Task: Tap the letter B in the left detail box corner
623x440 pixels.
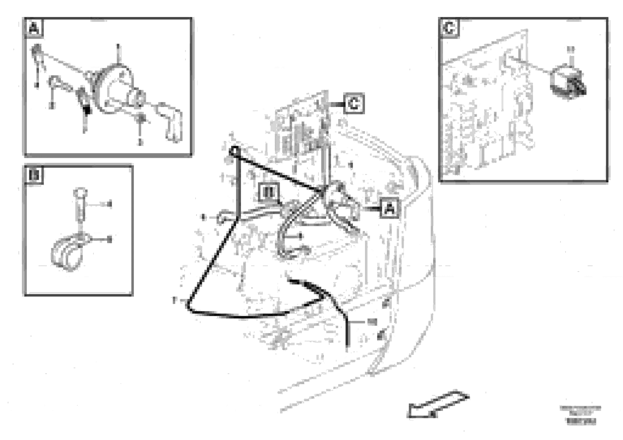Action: click(34, 175)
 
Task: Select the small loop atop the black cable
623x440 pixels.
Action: click(234, 151)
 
